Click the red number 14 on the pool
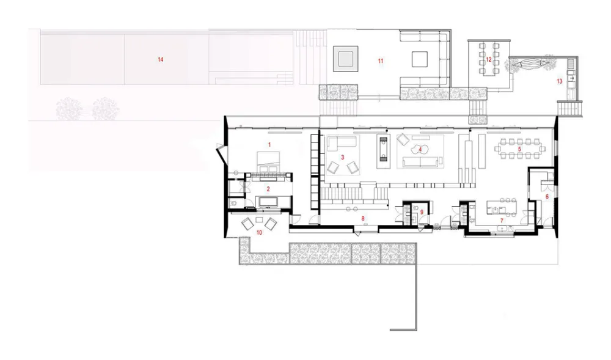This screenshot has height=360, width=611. tap(161, 60)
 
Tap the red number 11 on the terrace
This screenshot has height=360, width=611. tap(381, 61)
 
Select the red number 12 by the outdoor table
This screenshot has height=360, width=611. tap(489, 60)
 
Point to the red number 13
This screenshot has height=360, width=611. tap(560, 81)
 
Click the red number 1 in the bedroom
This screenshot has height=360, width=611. tap(269, 144)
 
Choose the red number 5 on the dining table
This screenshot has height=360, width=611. tap(519, 149)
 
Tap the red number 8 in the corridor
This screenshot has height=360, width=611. tap(363, 219)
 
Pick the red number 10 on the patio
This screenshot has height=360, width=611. tap(259, 233)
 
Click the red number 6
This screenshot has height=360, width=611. tap(547, 197)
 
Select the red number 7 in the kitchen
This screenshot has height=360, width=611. tap(502, 221)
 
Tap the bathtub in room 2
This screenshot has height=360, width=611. tap(268, 202)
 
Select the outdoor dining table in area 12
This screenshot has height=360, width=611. tap(489, 58)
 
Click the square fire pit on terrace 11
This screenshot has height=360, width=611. tap(346, 59)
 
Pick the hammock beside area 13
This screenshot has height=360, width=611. tap(529, 64)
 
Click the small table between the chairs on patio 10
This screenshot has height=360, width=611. tap(259, 220)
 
